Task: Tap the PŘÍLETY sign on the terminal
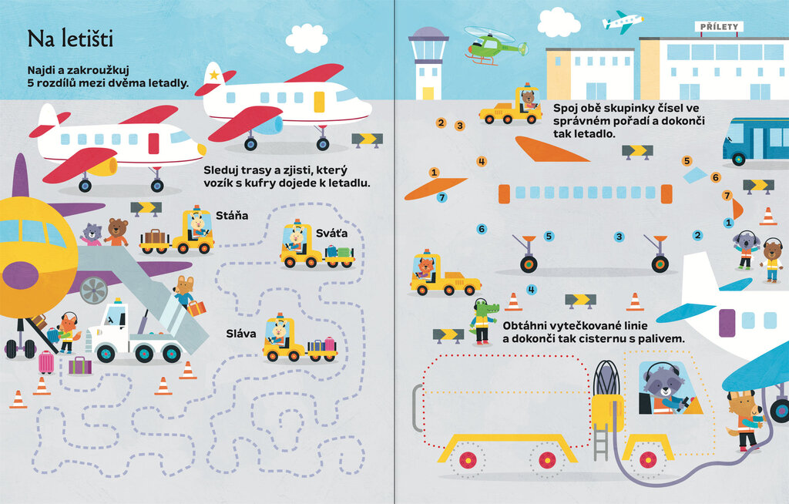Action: tap(720, 27)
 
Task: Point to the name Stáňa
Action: tap(232, 215)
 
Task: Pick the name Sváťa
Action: tap(331, 233)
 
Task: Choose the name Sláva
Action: tap(242, 334)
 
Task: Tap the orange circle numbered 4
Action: tap(482, 162)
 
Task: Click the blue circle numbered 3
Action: tap(619, 237)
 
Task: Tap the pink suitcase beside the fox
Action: tap(46, 361)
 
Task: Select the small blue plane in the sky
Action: tap(623, 21)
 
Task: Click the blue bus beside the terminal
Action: tap(755, 141)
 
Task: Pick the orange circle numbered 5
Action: tap(687, 161)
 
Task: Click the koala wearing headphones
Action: tap(744, 249)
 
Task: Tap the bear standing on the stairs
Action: tap(117, 231)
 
